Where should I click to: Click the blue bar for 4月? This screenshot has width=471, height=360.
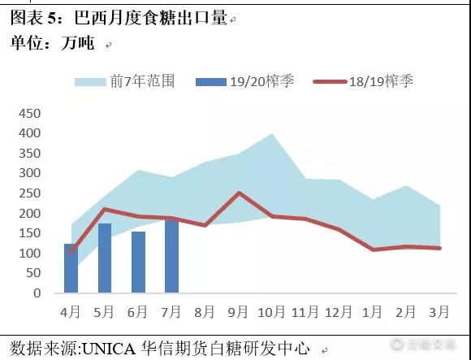coord(71,268)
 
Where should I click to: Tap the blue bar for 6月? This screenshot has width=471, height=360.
coord(138,262)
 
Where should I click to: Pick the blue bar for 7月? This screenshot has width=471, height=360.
coord(171,256)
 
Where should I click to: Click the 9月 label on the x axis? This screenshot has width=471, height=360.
coord(238,313)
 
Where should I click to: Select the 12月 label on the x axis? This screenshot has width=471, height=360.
coord(339,313)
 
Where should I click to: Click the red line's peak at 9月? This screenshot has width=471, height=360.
coord(238,193)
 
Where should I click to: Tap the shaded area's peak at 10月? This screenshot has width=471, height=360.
coord(271,134)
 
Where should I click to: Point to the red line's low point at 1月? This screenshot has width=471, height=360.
coord(373,249)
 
